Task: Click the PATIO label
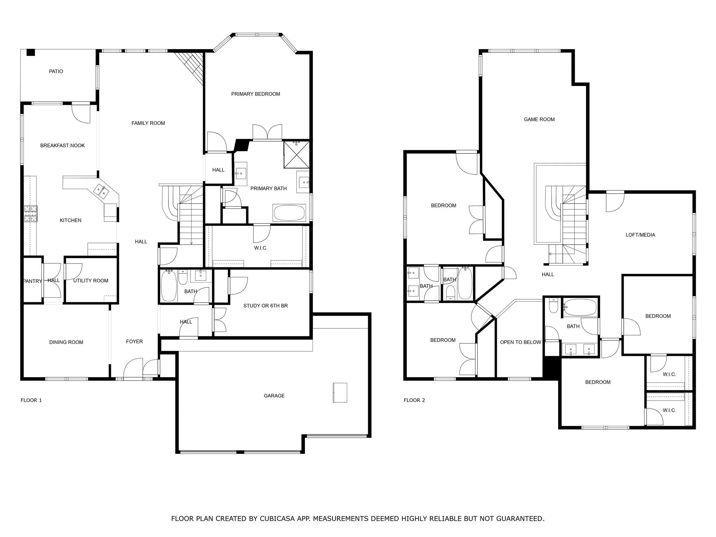click(56, 71)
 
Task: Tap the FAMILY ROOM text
click(148, 123)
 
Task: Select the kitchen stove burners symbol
click(30, 214)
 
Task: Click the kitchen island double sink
click(101, 191)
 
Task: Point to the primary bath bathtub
click(289, 213)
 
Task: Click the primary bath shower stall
click(296, 154)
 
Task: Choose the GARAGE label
click(274, 396)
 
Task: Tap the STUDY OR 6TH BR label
click(265, 306)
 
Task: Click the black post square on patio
click(31, 52)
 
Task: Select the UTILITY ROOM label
click(91, 281)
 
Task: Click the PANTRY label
click(33, 281)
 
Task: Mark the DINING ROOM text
click(66, 342)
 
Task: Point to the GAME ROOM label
click(539, 120)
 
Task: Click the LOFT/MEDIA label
click(640, 235)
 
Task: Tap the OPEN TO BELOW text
click(520, 342)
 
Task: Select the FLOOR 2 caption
click(414, 400)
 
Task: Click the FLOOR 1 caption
click(31, 400)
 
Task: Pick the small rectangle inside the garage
click(339, 393)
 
